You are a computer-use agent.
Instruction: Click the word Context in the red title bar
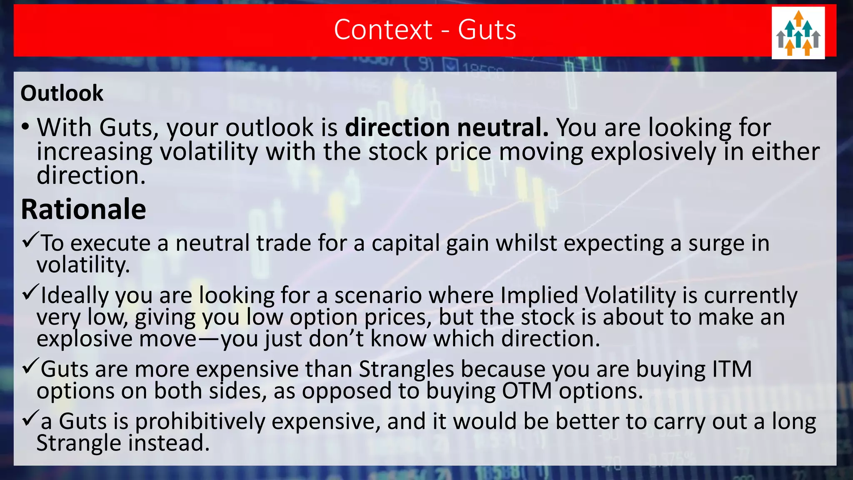pyautogui.click(x=383, y=30)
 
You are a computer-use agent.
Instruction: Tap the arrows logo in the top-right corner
pyautogui.click(x=798, y=33)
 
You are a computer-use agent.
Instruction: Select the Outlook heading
pyautogui.click(x=62, y=93)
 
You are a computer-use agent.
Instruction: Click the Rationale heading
pyautogui.click(x=83, y=209)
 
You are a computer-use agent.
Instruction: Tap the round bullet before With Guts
pyautogui.click(x=26, y=127)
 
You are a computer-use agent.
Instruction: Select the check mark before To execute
pyautogui.click(x=30, y=240)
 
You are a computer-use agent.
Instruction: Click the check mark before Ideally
pyautogui.click(x=30, y=292)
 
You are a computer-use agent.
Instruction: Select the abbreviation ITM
pyautogui.click(x=732, y=369)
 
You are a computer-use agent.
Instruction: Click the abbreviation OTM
pyautogui.click(x=526, y=391)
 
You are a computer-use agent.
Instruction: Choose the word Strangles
pyautogui.click(x=406, y=369)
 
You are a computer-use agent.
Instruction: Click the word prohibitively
pyautogui.click(x=200, y=421)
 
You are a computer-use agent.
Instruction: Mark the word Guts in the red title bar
pyautogui.click(x=487, y=30)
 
